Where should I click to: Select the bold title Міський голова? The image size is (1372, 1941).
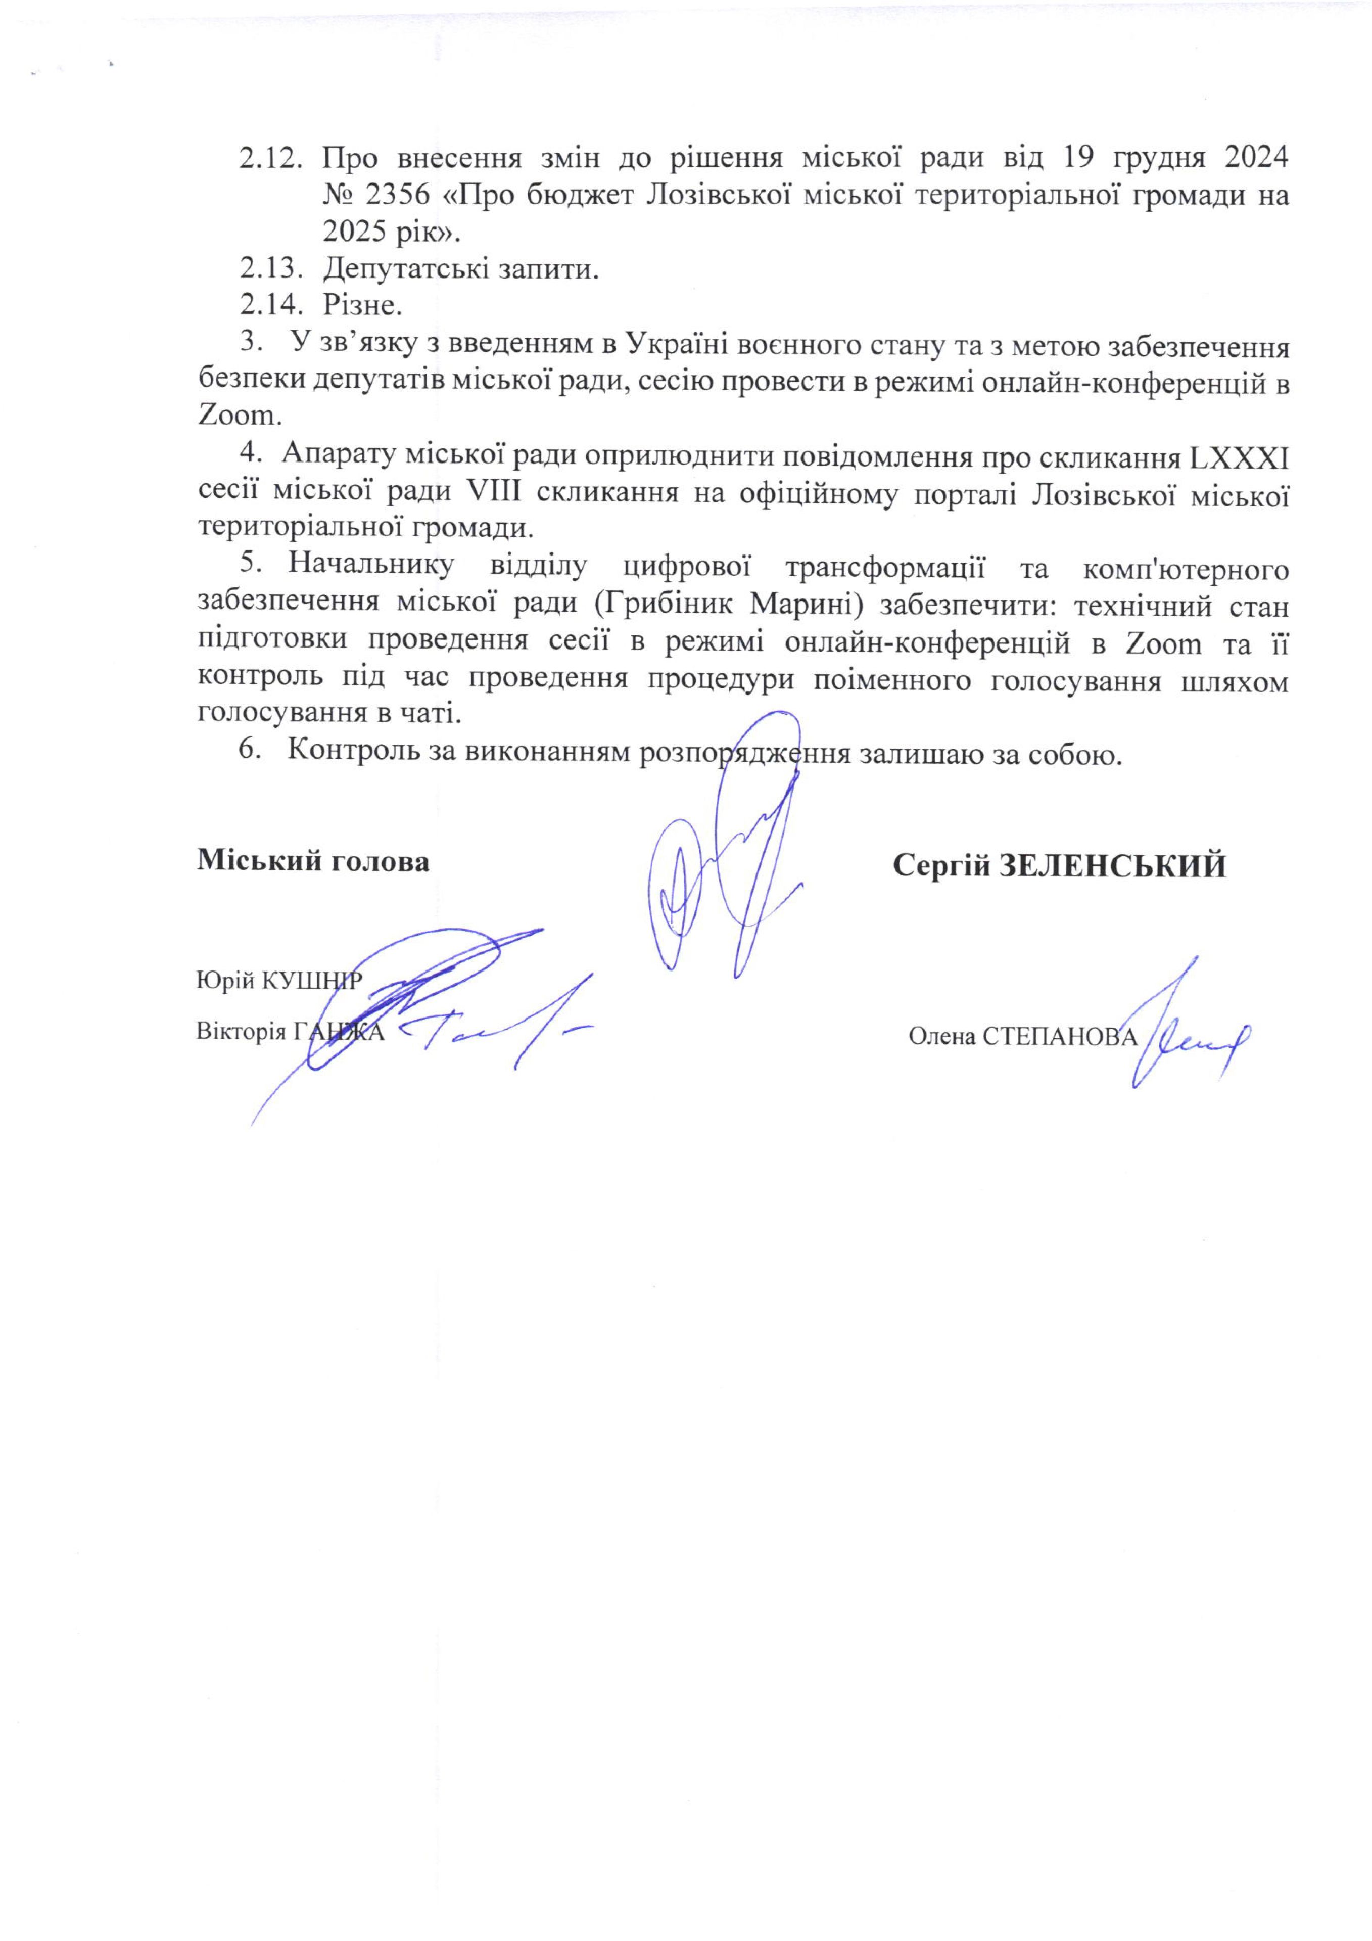pos(313,861)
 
